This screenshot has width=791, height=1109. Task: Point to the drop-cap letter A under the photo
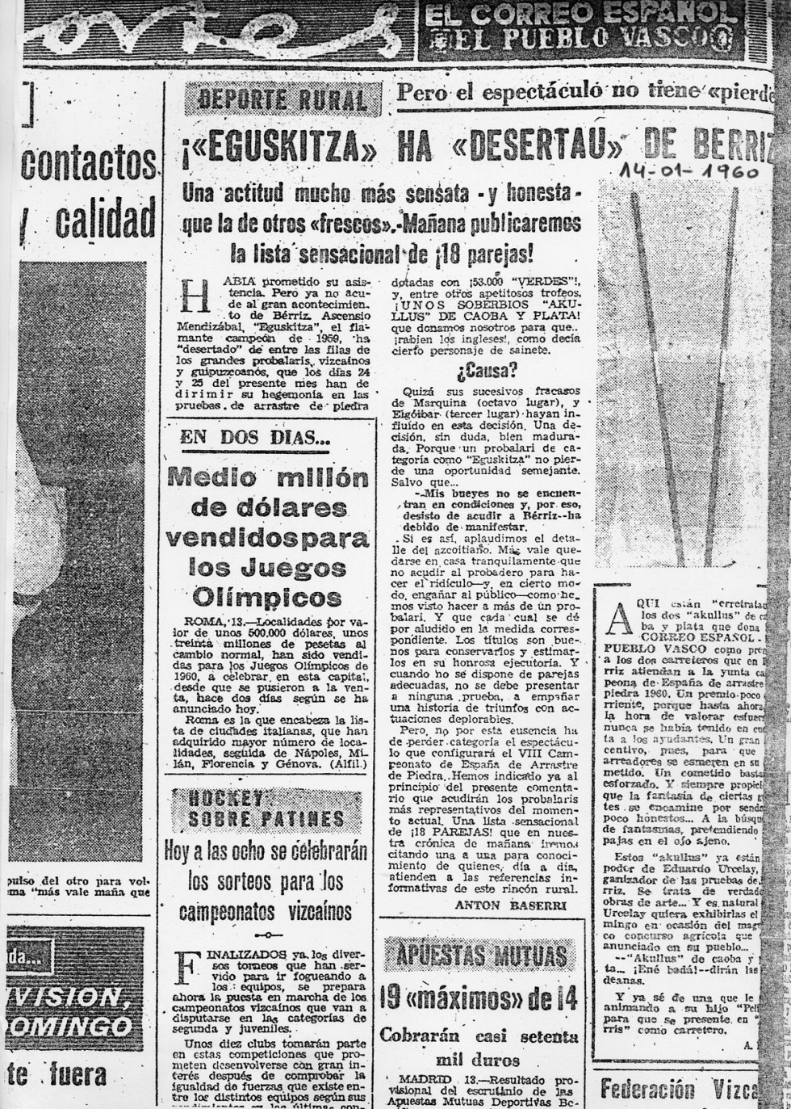coord(616,620)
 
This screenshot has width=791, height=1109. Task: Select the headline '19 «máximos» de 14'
coord(481,1000)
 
